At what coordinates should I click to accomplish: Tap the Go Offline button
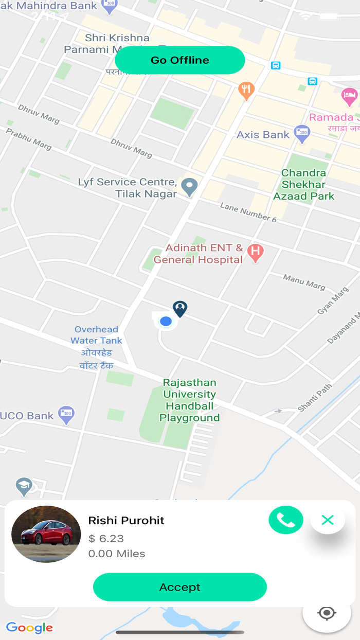[x=180, y=60]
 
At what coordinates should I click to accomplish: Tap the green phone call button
[x=286, y=520]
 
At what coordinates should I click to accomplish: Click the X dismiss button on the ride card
[x=328, y=520]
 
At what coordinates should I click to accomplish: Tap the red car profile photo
[x=46, y=534]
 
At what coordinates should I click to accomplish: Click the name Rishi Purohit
[x=127, y=520]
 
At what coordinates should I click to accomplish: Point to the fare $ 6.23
[x=106, y=538]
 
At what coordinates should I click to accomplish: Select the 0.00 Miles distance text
[x=117, y=554]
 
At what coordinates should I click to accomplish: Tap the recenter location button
[x=327, y=613]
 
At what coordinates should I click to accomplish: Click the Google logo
[x=29, y=628]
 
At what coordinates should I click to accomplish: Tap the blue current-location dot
[x=166, y=322]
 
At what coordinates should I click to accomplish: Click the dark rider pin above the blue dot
[x=180, y=309]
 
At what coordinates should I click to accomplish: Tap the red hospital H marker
[x=255, y=252]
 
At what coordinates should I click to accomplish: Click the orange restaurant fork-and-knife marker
[x=247, y=91]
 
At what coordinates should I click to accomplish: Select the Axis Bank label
[x=263, y=135]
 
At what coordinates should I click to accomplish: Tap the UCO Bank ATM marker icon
[x=66, y=414]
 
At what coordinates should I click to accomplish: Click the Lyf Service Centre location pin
[x=190, y=187]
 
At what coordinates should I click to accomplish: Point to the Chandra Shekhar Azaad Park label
[x=304, y=184]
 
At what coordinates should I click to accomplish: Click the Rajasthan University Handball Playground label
[x=189, y=400]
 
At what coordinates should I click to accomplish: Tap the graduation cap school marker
[x=24, y=485]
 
